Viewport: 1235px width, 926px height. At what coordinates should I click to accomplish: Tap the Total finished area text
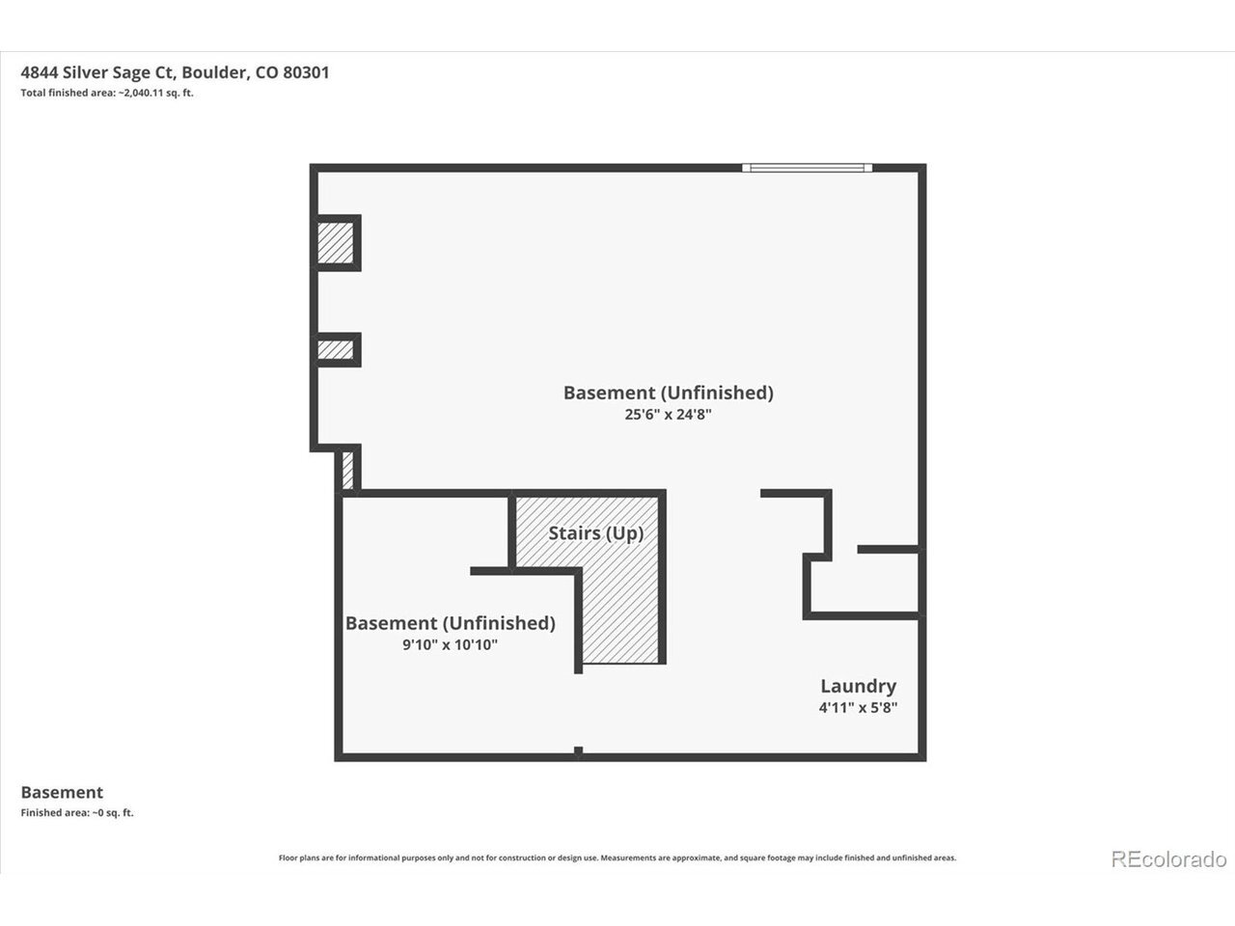point(107,93)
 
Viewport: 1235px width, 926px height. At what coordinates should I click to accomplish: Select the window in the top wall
point(808,168)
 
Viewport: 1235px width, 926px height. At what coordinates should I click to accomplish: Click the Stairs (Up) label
point(596,533)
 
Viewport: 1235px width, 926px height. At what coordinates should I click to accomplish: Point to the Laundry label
point(858,686)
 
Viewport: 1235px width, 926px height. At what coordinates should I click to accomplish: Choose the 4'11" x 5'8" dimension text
point(858,707)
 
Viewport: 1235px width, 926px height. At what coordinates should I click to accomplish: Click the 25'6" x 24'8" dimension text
point(668,415)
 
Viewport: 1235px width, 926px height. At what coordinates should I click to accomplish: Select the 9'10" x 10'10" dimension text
point(451,644)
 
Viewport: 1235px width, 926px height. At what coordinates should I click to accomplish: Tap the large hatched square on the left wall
point(336,243)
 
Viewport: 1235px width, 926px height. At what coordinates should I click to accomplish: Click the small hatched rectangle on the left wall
point(336,350)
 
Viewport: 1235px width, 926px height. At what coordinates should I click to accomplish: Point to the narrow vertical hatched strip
point(347,470)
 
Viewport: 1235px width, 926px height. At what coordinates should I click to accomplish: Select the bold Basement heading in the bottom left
point(62,792)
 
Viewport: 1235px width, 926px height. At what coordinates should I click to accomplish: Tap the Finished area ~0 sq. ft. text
point(77,812)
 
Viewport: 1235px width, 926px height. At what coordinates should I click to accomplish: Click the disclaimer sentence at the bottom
point(617,858)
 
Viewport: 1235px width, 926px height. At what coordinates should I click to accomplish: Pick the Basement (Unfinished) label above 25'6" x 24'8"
point(669,393)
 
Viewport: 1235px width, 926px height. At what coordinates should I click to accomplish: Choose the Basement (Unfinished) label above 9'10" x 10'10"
point(451,623)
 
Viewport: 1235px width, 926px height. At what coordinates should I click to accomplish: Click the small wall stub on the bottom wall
point(578,750)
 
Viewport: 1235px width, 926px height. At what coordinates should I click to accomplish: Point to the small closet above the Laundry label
point(864,582)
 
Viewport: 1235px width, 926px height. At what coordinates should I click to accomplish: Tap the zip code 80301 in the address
point(306,73)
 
